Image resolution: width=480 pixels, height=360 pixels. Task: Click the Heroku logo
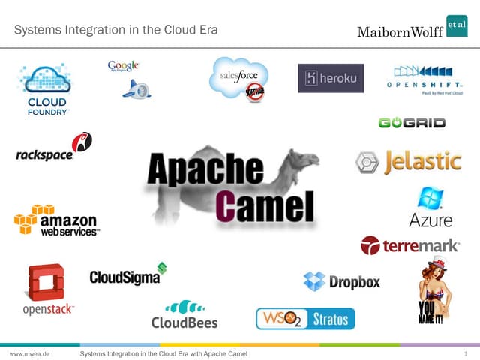pos(331,78)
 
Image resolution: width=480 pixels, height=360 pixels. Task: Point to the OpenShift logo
pos(424,82)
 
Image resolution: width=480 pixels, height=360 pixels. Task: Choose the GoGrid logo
pos(412,122)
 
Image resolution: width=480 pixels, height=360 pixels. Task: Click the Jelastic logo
pos(408,162)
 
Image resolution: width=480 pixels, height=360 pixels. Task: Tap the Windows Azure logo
pos(430,208)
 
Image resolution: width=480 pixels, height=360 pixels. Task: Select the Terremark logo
pos(409,245)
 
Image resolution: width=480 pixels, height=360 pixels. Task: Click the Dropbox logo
pos(342,281)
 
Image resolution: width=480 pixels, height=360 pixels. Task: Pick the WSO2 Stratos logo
pos(305,319)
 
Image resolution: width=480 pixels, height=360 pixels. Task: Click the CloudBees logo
pos(184,314)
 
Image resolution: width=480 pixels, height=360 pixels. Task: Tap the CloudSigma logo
pos(128,274)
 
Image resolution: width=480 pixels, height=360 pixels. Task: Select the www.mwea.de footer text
pos(29,352)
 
